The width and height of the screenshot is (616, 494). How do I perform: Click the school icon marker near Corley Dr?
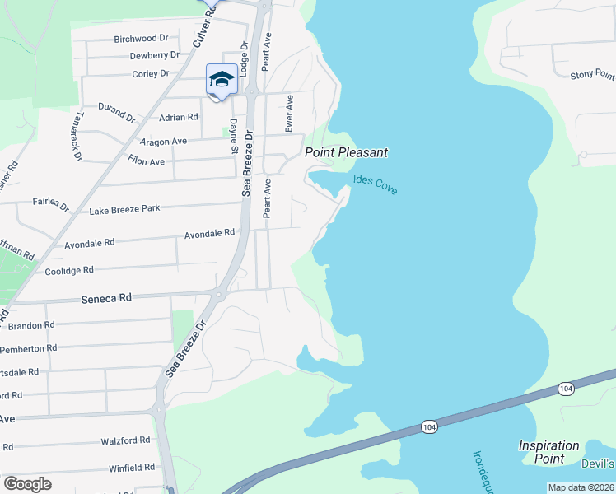(x=222, y=80)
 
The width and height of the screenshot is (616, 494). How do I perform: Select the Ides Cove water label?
(x=376, y=184)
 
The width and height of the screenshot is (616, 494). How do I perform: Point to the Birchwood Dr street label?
(x=141, y=38)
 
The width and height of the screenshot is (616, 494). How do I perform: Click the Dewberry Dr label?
(x=154, y=55)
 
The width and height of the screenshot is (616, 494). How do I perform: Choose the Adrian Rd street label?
(x=179, y=118)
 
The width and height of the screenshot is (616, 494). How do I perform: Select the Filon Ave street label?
(x=146, y=161)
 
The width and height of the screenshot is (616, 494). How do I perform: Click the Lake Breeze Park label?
(x=124, y=209)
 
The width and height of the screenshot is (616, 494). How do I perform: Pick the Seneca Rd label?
(x=106, y=298)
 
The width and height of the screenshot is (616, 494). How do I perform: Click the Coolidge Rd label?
(x=69, y=270)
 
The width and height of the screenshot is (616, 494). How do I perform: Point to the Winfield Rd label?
(x=132, y=467)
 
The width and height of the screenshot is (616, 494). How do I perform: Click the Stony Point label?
(x=591, y=75)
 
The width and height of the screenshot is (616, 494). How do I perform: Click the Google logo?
(x=27, y=484)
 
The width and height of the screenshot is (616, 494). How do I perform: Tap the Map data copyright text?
(x=581, y=487)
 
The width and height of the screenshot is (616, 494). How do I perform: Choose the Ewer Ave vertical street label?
(x=289, y=113)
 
